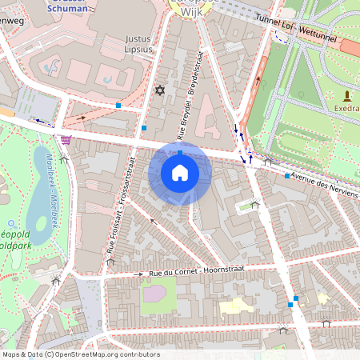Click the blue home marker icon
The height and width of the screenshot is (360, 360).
click(180, 172)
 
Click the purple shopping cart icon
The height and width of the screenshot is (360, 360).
click(65, 138)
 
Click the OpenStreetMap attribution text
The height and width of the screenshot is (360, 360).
click(80, 354)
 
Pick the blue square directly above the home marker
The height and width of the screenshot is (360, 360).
click(181, 151)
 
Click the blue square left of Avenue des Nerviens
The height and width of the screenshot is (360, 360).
click(286, 175)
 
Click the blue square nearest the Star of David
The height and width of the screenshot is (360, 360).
click(144, 126)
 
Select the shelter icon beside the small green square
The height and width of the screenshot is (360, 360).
click(255, 204)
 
